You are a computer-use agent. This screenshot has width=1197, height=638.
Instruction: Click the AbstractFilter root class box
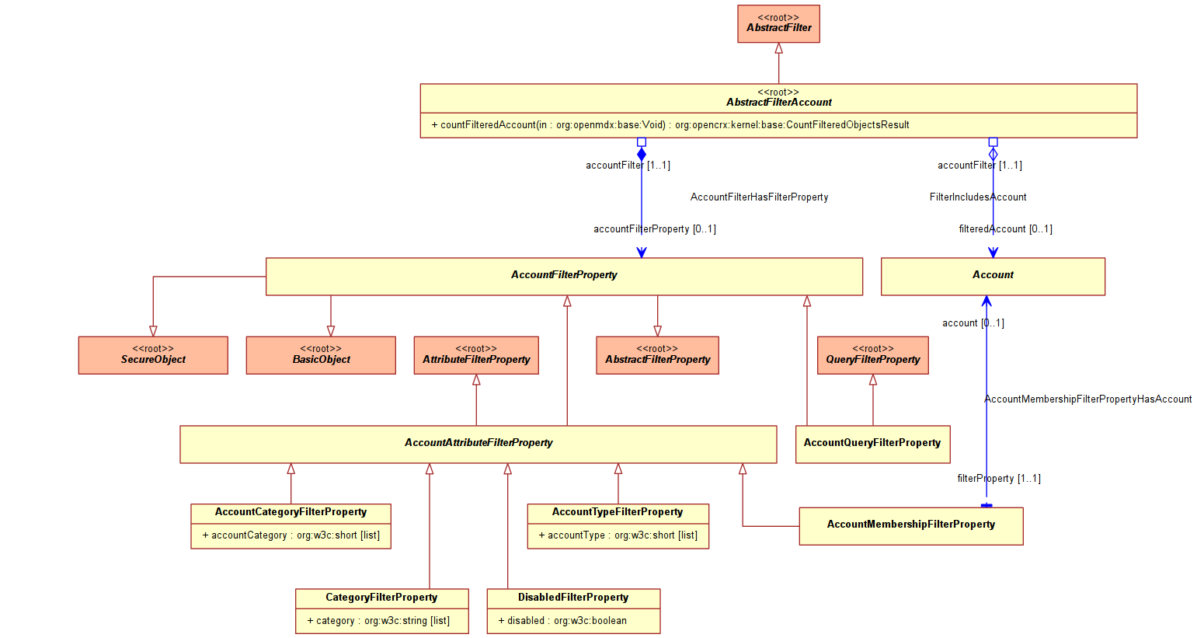[778, 24]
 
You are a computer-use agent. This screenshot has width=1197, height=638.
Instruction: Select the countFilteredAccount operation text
[670, 125]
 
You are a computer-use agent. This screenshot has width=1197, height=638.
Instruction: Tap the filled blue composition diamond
[642, 155]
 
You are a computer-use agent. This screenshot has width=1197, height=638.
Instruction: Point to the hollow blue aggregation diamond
[993, 155]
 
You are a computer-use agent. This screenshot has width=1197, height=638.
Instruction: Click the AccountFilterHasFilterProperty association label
[760, 197]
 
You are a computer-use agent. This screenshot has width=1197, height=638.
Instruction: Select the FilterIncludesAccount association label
[978, 197]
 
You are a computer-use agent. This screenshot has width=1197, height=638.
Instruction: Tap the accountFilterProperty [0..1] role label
[655, 229]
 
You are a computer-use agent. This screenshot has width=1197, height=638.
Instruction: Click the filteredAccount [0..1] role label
[1006, 229]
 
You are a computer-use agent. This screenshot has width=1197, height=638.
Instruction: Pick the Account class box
[993, 277]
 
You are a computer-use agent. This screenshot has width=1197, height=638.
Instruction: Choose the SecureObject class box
[153, 355]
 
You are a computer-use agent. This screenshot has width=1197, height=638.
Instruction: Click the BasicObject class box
[321, 355]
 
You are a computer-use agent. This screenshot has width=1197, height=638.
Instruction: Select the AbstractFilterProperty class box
[657, 355]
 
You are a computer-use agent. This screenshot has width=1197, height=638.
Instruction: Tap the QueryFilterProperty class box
[872, 355]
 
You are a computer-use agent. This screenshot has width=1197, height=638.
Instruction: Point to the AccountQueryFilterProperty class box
[872, 445]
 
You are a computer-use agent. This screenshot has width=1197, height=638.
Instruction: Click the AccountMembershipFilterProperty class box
[911, 526]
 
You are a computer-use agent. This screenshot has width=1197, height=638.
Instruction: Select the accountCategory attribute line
[291, 535]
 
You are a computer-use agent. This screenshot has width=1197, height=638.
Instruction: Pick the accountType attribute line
[618, 535]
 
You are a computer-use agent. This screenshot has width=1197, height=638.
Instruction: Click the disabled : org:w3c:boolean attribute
[562, 621]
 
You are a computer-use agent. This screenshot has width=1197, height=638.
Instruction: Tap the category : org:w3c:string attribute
[378, 621]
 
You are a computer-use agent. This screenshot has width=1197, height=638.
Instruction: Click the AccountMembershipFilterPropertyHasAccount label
[1088, 399]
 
